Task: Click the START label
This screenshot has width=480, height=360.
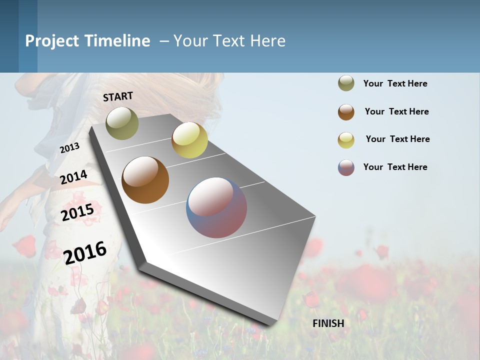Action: pos(118,96)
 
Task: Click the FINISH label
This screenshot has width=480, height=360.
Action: pos(328,323)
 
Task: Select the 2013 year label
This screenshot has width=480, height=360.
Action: pos(69,147)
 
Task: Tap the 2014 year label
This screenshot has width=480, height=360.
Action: pos(73,177)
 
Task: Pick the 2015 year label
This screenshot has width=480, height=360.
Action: pos(77,212)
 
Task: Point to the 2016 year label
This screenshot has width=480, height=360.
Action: pos(85,252)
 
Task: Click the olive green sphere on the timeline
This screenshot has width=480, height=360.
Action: pos(122,123)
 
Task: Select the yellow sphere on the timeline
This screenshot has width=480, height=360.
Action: pos(189,140)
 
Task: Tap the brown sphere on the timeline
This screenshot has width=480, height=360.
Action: pos(145,180)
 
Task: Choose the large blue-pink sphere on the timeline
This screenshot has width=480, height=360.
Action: pos(216,207)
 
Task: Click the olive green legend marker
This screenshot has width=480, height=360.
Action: pos(346,83)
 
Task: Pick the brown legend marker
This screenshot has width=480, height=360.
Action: pos(346,112)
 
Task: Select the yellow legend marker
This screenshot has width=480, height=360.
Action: pos(346,140)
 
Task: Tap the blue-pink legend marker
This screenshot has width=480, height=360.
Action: pos(346,167)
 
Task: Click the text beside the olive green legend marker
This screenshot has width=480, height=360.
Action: pos(395,83)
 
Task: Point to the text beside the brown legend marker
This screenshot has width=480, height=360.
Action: pos(396,111)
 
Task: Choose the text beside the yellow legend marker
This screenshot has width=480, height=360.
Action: pos(397,139)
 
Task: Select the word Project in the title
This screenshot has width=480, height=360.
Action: pos(52,41)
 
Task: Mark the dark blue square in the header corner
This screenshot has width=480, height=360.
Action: pos(9,36)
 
